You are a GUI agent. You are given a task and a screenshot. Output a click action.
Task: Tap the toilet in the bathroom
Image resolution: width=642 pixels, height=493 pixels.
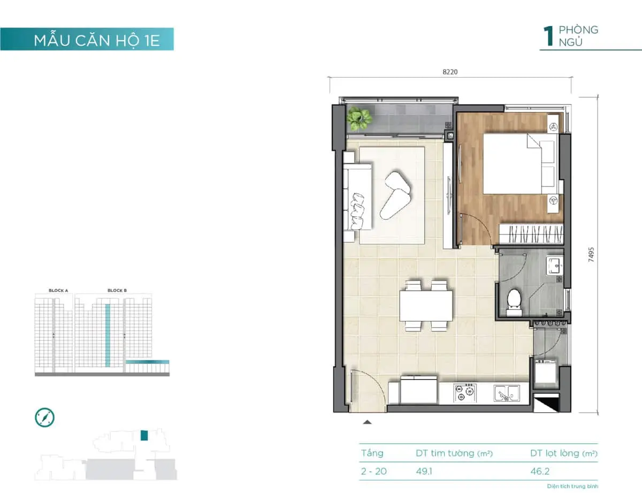click(x=514, y=300)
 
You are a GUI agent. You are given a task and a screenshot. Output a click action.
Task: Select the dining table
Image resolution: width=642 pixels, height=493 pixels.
click(x=426, y=305)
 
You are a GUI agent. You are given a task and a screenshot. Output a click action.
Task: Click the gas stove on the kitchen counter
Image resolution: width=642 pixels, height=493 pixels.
click(x=464, y=393)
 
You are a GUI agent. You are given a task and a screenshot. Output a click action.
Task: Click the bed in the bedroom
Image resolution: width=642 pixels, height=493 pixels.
click(x=519, y=163)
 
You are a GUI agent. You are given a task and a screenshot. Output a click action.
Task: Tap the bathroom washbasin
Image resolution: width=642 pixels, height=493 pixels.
click(x=554, y=266)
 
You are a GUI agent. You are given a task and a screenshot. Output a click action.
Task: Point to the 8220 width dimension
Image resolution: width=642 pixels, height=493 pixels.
click(x=450, y=71)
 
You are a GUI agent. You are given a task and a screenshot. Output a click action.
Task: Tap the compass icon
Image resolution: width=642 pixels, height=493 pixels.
click(x=45, y=417)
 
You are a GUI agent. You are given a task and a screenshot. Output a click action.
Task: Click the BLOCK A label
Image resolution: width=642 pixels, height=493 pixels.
click(x=58, y=290)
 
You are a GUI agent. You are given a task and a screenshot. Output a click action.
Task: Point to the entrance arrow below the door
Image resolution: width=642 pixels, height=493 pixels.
click(x=367, y=422)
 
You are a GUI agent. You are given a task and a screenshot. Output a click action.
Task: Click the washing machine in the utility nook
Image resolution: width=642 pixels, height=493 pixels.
click(x=546, y=374)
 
